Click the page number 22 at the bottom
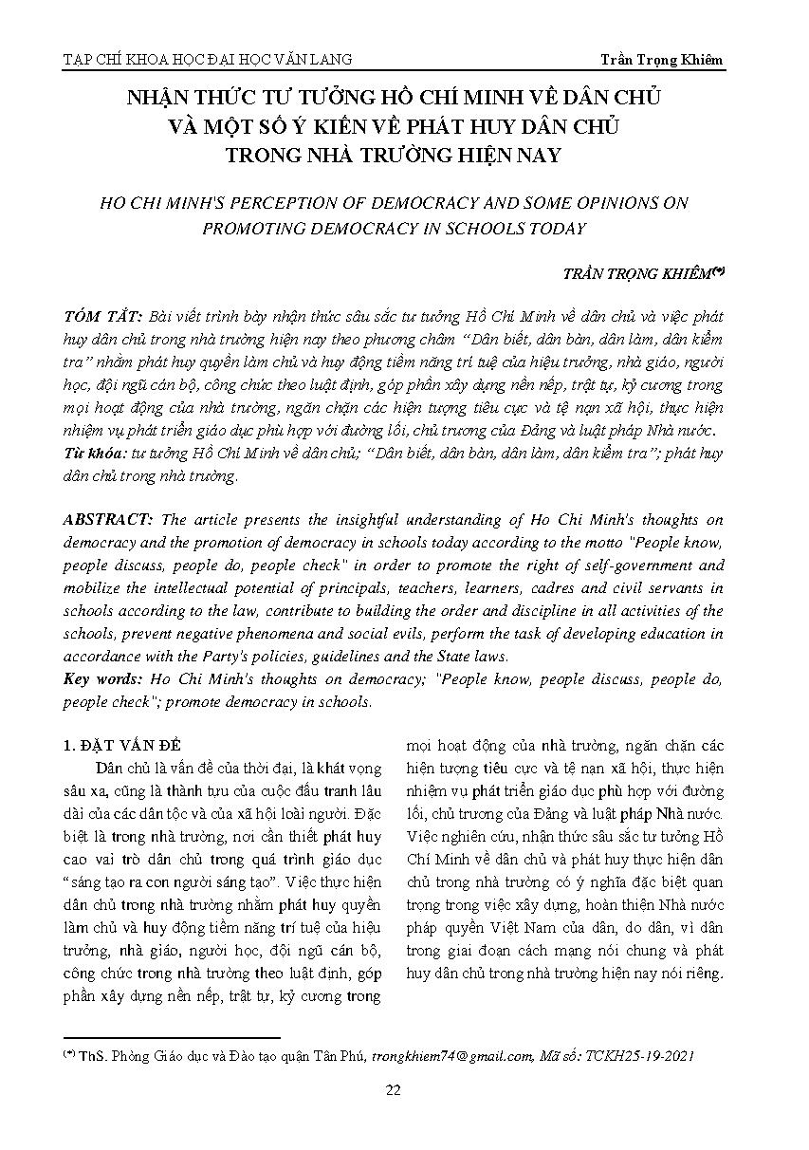point(393,1089)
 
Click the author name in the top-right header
point(661,59)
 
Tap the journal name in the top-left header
point(207,59)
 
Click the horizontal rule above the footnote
point(171,1038)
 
